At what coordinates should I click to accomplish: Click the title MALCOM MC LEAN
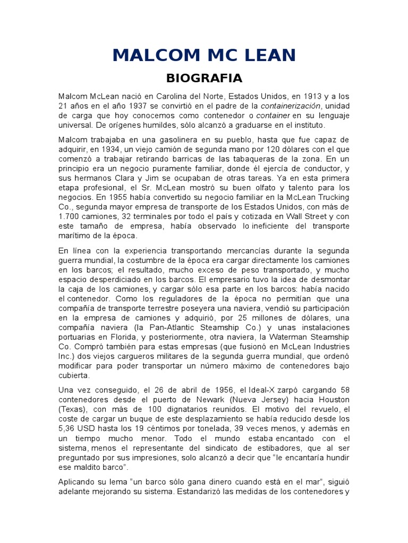204,55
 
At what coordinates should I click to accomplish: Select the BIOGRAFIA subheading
204,78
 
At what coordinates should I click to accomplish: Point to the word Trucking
332,197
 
